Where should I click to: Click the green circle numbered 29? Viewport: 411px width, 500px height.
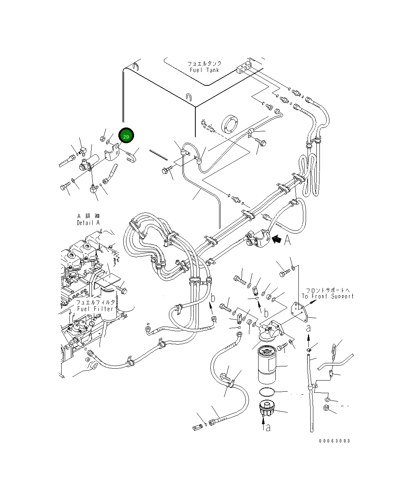pos(126,136)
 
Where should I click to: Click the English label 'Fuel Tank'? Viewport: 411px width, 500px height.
pos(205,70)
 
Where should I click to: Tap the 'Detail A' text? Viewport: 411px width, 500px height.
pos(88,223)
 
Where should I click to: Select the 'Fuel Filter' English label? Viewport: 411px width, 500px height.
pos(95,309)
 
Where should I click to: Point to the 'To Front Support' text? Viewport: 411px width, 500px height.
pos(327,296)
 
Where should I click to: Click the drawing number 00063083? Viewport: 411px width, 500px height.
pos(334,441)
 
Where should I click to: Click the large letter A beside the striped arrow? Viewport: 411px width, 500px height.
pos(287,240)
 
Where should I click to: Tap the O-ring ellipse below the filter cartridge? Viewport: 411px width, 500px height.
pos(267,392)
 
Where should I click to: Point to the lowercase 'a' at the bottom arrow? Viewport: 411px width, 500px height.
pos(268,427)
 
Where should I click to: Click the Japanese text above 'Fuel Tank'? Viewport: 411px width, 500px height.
pos(204,64)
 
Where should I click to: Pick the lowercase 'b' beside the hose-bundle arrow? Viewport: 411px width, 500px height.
pos(213,298)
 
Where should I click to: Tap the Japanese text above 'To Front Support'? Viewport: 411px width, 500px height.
pos(327,290)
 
